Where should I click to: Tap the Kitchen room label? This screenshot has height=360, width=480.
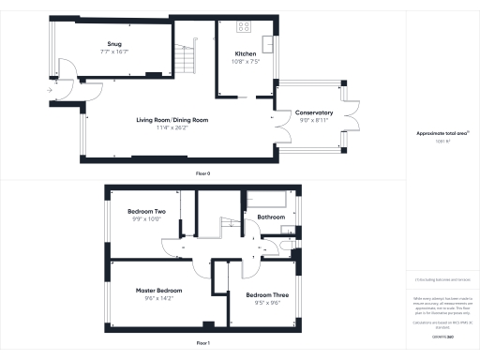point(247,55)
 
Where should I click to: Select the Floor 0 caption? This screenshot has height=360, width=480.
point(202,174)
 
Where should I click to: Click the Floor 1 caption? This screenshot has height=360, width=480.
point(202,345)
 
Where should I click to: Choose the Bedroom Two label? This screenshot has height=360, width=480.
point(146,213)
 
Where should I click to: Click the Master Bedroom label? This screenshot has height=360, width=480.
point(152,291)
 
